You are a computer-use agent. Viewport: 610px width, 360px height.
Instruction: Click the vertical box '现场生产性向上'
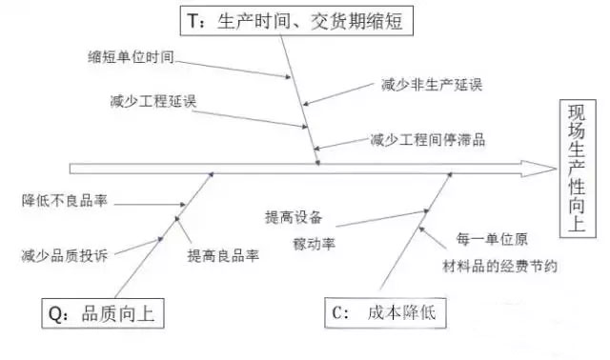(x=578, y=167)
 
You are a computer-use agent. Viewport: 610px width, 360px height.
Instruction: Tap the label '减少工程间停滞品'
(x=428, y=139)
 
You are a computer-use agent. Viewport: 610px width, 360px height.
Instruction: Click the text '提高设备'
(x=294, y=217)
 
